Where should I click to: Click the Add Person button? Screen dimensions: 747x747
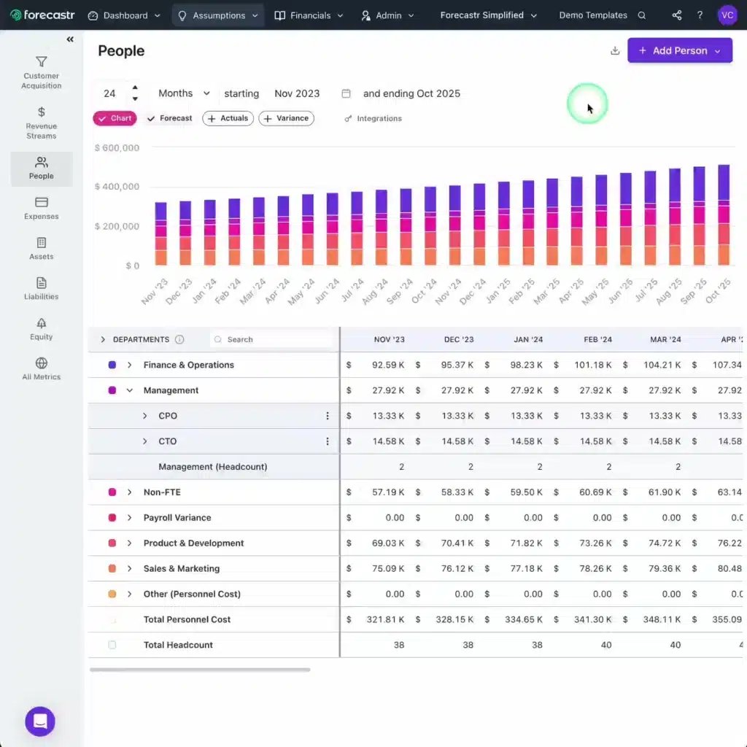(x=679, y=51)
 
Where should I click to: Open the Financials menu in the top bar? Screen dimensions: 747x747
(x=309, y=15)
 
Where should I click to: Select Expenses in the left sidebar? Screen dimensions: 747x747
(x=42, y=207)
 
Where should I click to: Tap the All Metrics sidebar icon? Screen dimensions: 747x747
(x=42, y=368)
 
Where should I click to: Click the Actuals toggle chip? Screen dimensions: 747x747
(x=228, y=118)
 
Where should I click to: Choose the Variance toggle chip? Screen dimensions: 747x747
(x=286, y=118)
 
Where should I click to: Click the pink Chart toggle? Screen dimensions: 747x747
(x=115, y=118)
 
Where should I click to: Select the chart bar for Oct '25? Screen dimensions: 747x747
(x=724, y=214)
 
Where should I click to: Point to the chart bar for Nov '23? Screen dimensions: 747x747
(x=161, y=233)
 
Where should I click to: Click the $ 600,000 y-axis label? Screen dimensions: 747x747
(x=117, y=148)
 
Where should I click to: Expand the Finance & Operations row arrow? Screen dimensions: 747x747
(x=130, y=365)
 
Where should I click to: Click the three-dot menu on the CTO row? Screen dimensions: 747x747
(x=327, y=441)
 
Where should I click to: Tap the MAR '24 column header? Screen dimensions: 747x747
(x=665, y=339)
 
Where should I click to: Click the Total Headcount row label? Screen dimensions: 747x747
(x=178, y=645)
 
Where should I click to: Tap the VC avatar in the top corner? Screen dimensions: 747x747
(x=727, y=15)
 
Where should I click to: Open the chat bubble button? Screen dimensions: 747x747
(x=40, y=721)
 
